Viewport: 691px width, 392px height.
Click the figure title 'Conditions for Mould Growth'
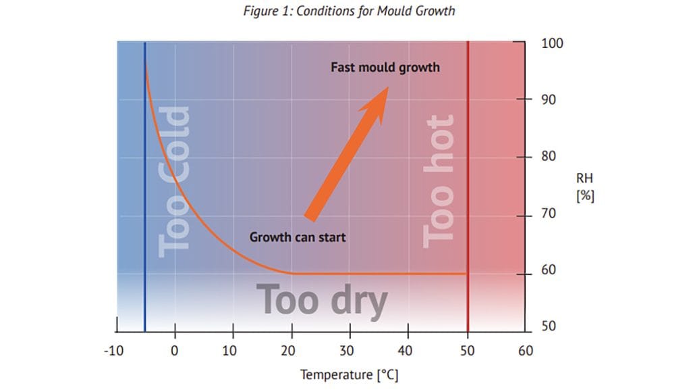pyautogui.click(x=349, y=11)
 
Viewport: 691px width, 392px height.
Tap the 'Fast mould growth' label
pyautogui.click(x=385, y=68)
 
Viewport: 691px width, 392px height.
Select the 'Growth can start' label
pyautogui.click(x=298, y=237)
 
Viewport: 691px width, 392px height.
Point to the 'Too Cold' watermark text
pyautogui.click(x=174, y=182)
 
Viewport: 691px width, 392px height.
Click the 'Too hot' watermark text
pyautogui.click(x=439, y=180)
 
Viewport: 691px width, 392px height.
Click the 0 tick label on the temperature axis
pyautogui.click(x=175, y=351)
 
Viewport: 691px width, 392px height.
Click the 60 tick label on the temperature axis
pyautogui.click(x=525, y=351)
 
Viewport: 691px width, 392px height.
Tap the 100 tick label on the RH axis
pyautogui.click(x=553, y=44)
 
